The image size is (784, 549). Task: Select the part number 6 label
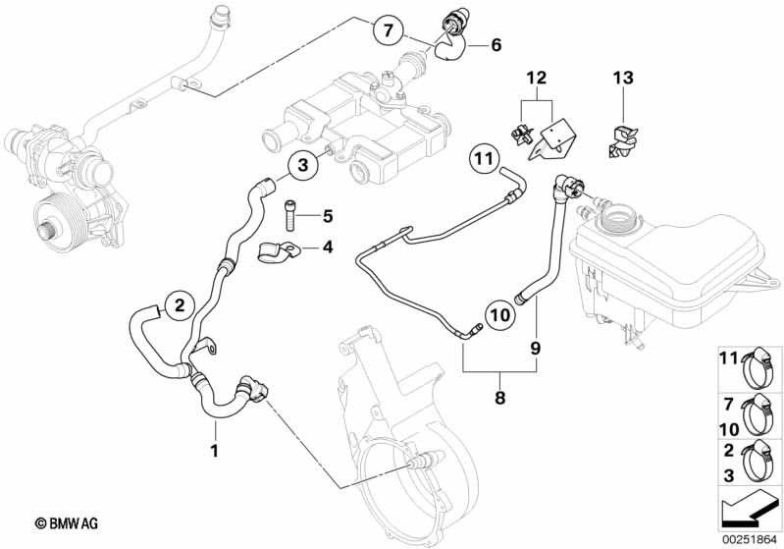pyautogui.click(x=496, y=44)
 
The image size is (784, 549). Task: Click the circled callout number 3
pyautogui.click(x=303, y=166)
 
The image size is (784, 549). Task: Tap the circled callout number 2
pyautogui.click(x=177, y=306)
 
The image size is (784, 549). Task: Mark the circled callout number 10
pyautogui.click(x=499, y=315)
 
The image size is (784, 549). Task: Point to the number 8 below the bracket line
pyautogui.click(x=499, y=399)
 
